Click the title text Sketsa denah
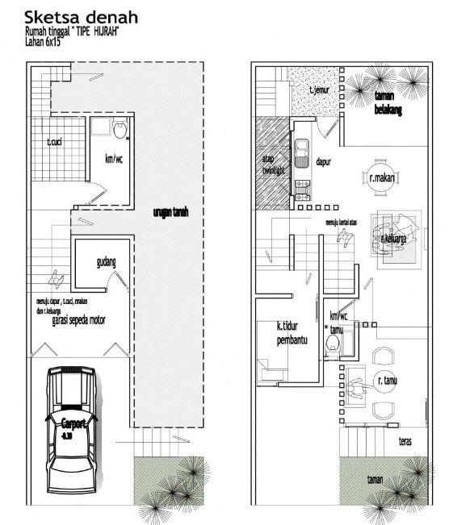tap(80, 16)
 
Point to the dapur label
tap(325, 160)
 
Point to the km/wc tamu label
tap(338, 323)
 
